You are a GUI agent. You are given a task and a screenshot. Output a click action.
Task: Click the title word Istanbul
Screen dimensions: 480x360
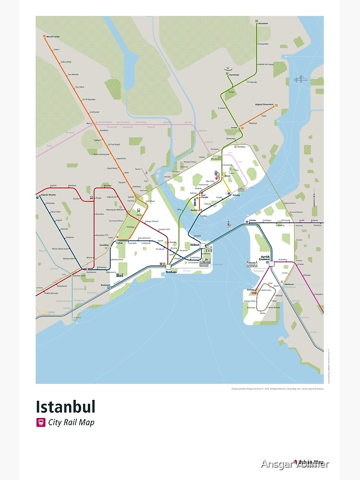pos(65,407)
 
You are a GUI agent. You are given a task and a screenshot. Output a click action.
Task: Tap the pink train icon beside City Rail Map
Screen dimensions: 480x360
pos(41,422)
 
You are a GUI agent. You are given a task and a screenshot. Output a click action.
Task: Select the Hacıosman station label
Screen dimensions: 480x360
pos(263,23)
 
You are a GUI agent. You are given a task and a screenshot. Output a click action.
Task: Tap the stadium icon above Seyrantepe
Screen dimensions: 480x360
pos(228,70)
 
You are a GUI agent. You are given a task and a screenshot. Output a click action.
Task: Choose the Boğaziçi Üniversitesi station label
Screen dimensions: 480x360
pos(264,104)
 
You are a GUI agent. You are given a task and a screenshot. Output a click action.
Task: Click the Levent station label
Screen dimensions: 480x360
pos(234,128)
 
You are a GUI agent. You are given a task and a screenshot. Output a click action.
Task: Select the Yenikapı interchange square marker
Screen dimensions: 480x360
pos(168,266)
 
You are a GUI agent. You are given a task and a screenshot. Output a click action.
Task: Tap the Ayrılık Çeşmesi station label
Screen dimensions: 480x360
pos(265,258)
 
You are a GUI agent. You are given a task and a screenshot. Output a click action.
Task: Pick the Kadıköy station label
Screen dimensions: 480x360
pos(250,290)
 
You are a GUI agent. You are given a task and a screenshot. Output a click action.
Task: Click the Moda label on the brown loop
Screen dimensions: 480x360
pos(263,313)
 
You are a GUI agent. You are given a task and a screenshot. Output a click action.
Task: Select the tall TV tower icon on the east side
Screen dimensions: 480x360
pos(314,201)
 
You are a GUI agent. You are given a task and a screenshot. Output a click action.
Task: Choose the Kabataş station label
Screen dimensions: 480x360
pos(236,195)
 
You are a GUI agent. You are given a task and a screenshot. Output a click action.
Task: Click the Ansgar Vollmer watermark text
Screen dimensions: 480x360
pos(295,464)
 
